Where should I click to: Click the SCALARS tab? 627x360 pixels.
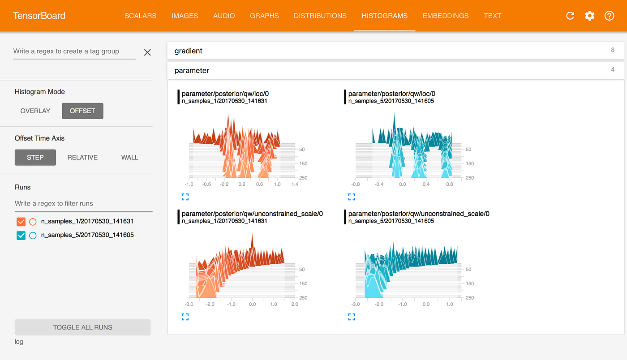click(x=140, y=16)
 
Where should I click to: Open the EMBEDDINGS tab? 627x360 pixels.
click(x=445, y=16)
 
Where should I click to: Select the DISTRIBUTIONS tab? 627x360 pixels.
click(x=320, y=16)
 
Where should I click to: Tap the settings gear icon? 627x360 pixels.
click(x=589, y=16)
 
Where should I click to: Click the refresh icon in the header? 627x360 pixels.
click(x=570, y=16)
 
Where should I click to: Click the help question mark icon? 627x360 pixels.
click(x=609, y=16)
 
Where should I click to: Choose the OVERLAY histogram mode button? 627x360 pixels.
click(x=35, y=111)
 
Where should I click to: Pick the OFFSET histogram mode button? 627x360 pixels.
click(x=82, y=111)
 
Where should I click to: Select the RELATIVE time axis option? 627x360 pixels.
click(x=82, y=158)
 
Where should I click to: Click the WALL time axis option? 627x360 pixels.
click(x=129, y=158)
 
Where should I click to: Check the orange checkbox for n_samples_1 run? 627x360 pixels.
click(x=21, y=222)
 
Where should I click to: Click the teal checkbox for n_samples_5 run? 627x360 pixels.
click(x=21, y=236)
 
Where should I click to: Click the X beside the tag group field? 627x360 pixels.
click(x=147, y=52)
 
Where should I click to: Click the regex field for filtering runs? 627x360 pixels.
click(x=83, y=204)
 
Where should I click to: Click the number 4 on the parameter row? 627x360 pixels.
click(x=613, y=70)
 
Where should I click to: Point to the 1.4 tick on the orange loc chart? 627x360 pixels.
click(x=295, y=184)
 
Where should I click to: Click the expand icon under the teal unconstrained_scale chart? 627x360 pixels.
click(x=352, y=317)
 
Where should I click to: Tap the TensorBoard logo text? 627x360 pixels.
click(x=39, y=16)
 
